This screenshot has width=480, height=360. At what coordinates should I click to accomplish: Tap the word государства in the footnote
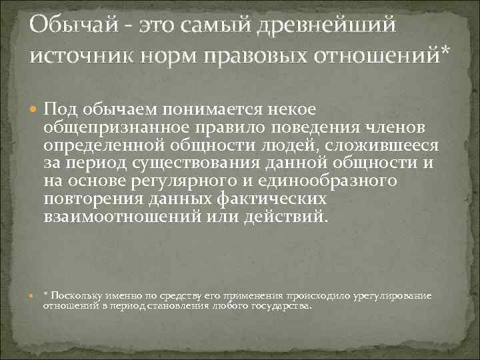(284, 305)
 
